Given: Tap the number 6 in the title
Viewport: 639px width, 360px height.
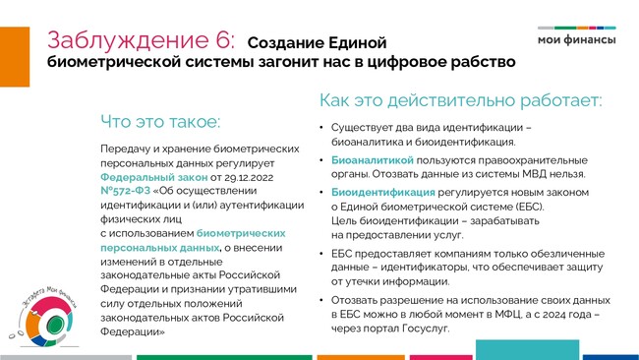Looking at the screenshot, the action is pos(223,40).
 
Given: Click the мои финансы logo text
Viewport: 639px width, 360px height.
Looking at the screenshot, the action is pos(577,39).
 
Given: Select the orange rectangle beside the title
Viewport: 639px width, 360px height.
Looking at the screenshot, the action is pos(15,57).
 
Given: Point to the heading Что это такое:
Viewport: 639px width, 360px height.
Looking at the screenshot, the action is pos(160,122).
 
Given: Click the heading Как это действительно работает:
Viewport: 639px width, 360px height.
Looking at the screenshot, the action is pos(460,100).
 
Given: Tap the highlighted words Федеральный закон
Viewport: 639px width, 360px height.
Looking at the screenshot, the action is pos(154,177).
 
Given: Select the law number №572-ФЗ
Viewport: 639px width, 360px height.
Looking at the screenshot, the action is pos(126,191).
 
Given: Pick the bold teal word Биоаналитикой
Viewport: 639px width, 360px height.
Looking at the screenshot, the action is pos(373,160).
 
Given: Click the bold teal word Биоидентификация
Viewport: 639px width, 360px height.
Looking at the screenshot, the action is pos(383,192).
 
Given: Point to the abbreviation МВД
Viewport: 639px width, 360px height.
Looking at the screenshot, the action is pos(534,174).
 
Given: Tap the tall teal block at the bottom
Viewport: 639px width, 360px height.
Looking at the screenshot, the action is pos(527,350).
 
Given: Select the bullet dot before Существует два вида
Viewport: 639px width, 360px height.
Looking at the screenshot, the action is pos(321,128).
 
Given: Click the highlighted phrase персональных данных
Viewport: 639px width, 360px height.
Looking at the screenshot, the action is pos(160,248).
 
